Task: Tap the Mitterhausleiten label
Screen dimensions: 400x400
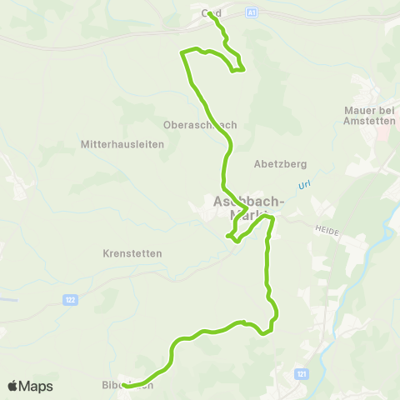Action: coord(122,144)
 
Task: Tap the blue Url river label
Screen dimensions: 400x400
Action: coord(304,185)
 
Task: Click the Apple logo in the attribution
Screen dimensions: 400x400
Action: coord(12,386)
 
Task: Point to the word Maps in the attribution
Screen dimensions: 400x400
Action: coord(36,386)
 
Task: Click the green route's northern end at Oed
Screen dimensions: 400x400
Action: coord(209,13)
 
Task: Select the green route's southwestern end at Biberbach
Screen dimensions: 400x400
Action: coord(123,386)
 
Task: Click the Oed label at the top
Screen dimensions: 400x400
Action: coord(211,13)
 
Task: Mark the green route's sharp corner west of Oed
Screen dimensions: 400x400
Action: coord(183,53)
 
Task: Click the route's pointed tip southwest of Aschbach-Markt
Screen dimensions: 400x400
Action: coord(227,237)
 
